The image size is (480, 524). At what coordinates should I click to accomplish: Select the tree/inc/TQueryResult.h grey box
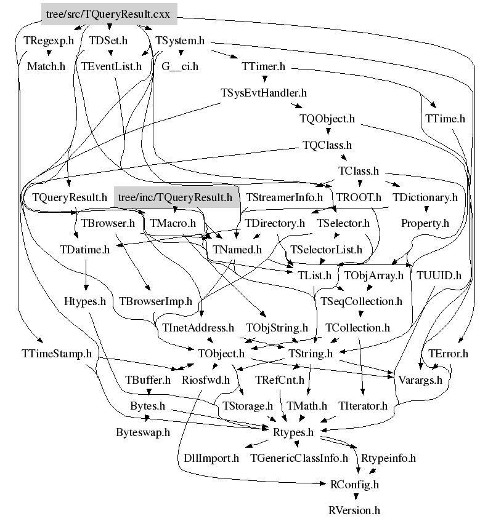(174, 197)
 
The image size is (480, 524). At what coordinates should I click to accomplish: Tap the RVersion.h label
(354, 510)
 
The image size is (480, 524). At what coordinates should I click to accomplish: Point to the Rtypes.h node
(293, 432)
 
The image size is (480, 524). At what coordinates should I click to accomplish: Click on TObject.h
(221, 354)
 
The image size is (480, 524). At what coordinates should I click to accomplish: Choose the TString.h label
(311, 354)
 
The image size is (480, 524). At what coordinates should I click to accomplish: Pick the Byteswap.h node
(142, 432)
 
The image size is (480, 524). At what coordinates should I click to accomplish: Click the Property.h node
(425, 223)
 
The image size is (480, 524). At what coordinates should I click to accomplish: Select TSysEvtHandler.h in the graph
(264, 93)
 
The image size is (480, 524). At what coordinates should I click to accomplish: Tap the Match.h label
(46, 66)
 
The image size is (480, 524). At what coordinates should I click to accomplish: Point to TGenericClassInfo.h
(299, 458)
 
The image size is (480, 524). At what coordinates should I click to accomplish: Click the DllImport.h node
(211, 458)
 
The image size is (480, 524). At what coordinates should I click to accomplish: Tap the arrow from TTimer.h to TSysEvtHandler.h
(264, 79)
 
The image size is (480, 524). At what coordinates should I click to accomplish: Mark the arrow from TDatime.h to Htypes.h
(85, 276)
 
